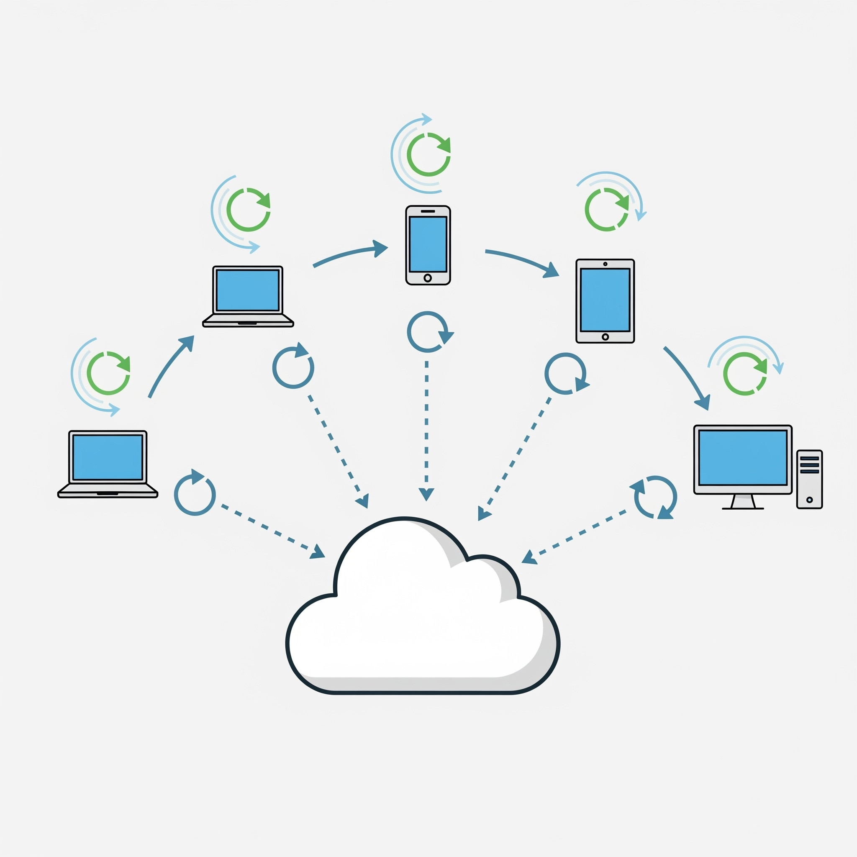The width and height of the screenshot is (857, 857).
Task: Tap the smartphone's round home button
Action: (x=428, y=278)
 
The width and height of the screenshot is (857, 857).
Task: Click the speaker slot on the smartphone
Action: (x=428, y=211)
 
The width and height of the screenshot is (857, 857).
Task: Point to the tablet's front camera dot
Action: (x=605, y=264)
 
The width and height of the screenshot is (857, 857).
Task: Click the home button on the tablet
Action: (x=605, y=337)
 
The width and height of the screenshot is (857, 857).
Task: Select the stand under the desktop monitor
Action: (x=743, y=501)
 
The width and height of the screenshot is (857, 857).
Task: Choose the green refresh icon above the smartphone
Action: (x=428, y=154)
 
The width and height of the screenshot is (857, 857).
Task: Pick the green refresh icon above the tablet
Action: (x=607, y=209)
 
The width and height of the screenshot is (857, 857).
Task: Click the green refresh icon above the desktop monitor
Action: (x=745, y=374)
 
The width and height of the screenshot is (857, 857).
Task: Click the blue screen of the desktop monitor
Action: (x=743, y=458)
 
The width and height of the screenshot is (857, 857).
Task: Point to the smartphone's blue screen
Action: (x=428, y=244)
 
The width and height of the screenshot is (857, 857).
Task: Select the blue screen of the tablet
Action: (x=605, y=300)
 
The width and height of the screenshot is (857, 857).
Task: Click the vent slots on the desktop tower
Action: (x=810, y=465)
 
